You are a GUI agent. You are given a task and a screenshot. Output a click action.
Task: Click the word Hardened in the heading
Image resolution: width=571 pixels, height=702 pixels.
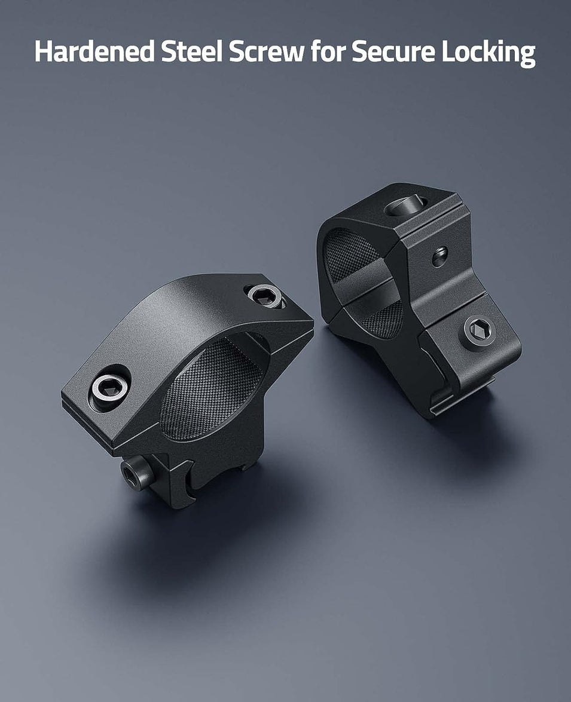(93, 53)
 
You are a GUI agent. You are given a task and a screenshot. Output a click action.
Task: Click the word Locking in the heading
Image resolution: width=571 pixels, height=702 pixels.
(488, 53)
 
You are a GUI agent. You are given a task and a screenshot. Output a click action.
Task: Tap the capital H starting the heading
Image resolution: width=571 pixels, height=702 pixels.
(43, 53)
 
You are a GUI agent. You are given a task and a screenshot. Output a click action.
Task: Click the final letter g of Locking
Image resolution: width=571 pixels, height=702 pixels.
(527, 55)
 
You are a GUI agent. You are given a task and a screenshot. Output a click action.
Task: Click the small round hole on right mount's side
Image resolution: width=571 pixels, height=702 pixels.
(440, 256)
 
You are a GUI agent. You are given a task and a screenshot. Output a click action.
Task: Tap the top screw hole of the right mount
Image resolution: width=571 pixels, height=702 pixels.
(405, 206)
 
